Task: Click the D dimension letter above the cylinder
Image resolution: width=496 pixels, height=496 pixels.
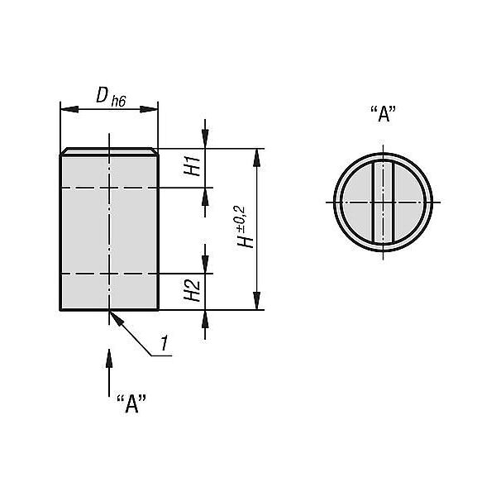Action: coord(102,95)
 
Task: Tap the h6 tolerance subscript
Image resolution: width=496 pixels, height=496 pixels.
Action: coord(118,101)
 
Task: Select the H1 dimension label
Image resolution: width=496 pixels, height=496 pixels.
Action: coord(192,166)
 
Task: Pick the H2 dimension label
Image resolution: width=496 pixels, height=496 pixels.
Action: coord(192,290)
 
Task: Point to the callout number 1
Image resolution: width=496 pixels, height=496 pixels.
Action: coord(165,344)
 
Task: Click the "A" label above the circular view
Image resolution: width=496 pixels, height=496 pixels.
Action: coord(383,114)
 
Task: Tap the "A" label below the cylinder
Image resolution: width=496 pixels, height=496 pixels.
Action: coord(131,404)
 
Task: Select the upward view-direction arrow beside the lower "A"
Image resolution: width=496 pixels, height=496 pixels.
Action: coord(109,373)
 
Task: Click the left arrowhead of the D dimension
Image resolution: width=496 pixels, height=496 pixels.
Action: coord(69,109)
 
